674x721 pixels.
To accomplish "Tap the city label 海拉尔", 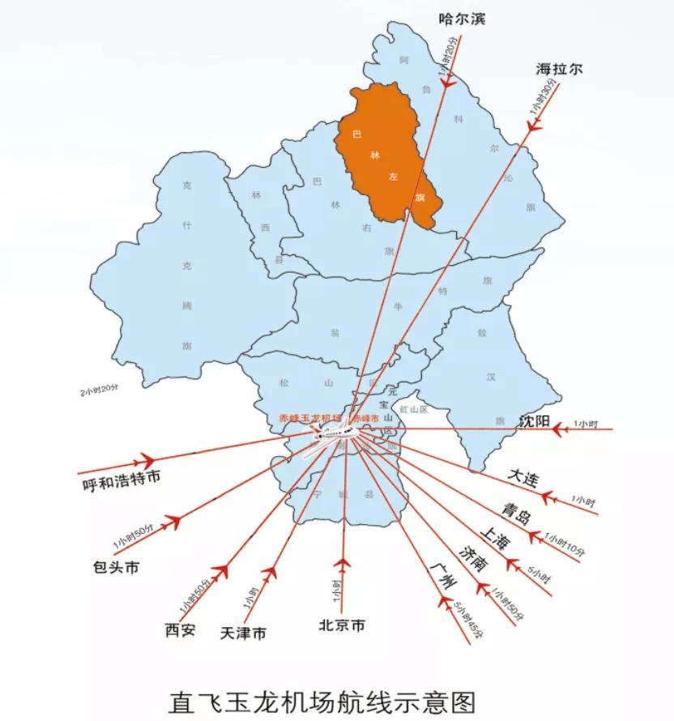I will [x=559, y=69].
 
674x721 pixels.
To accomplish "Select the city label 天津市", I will [x=243, y=633].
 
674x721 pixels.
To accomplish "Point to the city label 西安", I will [x=180, y=629].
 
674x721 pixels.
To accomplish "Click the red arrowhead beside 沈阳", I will [x=558, y=429].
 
